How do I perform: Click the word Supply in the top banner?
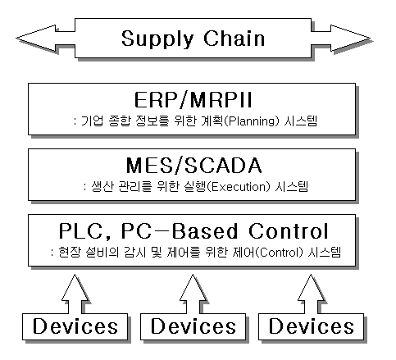click(x=157, y=39)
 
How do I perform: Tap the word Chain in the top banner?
click(x=234, y=38)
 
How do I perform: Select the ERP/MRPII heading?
click(x=193, y=100)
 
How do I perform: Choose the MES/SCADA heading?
click(x=193, y=166)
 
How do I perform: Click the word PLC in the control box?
click(x=80, y=231)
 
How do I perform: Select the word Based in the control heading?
click(x=205, y=231)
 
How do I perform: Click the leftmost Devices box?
click(x=75, y=326)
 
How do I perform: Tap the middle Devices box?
click(x=193, y=326)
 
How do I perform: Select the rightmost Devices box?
click(x=311, y=326)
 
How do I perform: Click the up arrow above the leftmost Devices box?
click(x=75, y=294)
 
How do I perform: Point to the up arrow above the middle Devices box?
click(x=193, y=294)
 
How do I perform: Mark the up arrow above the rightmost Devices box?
click(x=311, y=294)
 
